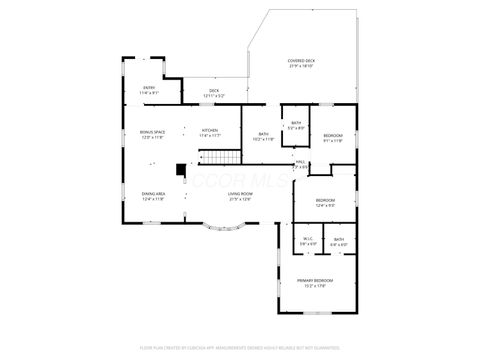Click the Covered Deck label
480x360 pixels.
pyautogui.click(x=301, y=60)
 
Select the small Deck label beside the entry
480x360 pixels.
pyautogui.click(x=214, y=90)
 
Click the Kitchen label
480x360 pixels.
pyautogui.click(x=210, y=132)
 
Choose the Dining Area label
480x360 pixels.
pyautogui.click(x=152, y=196)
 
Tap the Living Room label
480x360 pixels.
pyautogui.click(x=240, y=196)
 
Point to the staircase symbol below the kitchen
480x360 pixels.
pyautogui.click(x=221, y=156)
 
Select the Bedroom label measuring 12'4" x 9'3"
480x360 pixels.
pyautogui.click(x=325, y=202)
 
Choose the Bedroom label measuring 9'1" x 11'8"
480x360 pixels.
pyautogui.click(x=332, y=137)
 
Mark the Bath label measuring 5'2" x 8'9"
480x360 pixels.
pyautogui.click(x=296, y=125)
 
